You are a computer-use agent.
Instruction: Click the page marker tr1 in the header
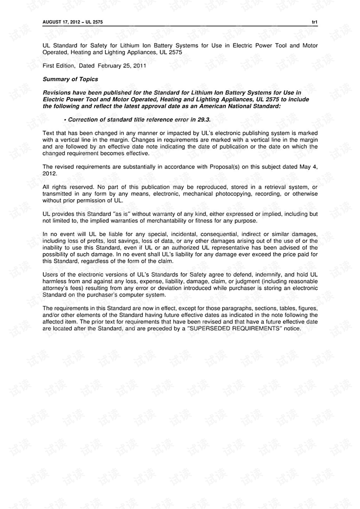pyautogui.click(x=315, y=22)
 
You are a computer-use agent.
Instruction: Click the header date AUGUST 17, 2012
pyautogui.click(x=61, y=22)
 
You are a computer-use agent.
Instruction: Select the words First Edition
pyautogui.click(x=58, y=66)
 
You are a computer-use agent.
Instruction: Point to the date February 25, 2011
pyautogui.click(x=122, y=66)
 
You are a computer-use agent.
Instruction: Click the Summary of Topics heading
pyautogui.click(x=70, y=79)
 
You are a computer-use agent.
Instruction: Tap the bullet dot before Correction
pyautogui.click(x=65, y=120)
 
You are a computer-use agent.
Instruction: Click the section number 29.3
pyautogui.click(x=204, y=120)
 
